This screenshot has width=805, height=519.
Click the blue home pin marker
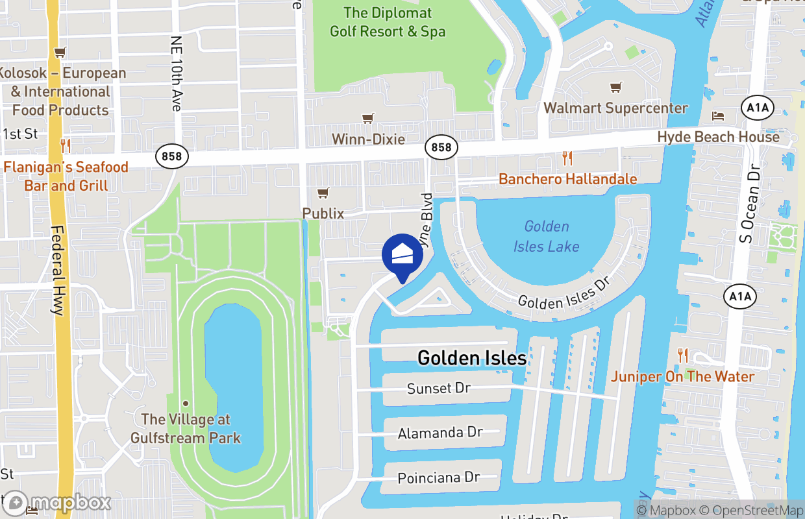402,255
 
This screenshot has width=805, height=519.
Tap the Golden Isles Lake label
546,236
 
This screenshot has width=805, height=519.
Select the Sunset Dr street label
438,388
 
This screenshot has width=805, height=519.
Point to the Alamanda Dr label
440,433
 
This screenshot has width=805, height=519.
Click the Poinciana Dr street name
438,478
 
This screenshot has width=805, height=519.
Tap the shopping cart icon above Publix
323,193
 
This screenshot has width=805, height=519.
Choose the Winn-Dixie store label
368,139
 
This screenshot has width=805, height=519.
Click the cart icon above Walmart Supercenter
615,87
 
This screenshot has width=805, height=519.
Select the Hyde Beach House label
718,137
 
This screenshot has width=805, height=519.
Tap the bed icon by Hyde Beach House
718,116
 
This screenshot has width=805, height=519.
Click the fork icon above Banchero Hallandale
567,158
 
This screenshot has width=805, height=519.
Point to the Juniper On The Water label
682,376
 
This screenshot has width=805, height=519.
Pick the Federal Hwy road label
58,271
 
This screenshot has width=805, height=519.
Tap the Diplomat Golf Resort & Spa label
388,21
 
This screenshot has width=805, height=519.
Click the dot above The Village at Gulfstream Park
185,404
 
